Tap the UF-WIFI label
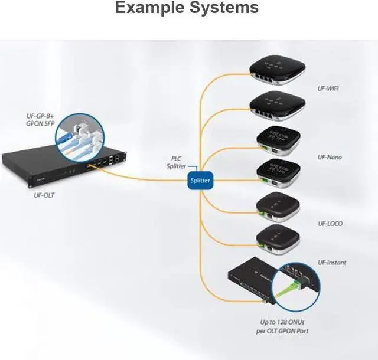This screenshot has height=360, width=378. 329,89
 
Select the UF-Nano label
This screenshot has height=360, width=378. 330,158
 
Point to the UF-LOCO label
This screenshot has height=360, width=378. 330,224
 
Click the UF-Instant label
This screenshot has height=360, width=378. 332,262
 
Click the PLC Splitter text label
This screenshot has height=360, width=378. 175,162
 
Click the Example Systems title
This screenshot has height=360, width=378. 187,8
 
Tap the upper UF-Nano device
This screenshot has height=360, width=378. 275,140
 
